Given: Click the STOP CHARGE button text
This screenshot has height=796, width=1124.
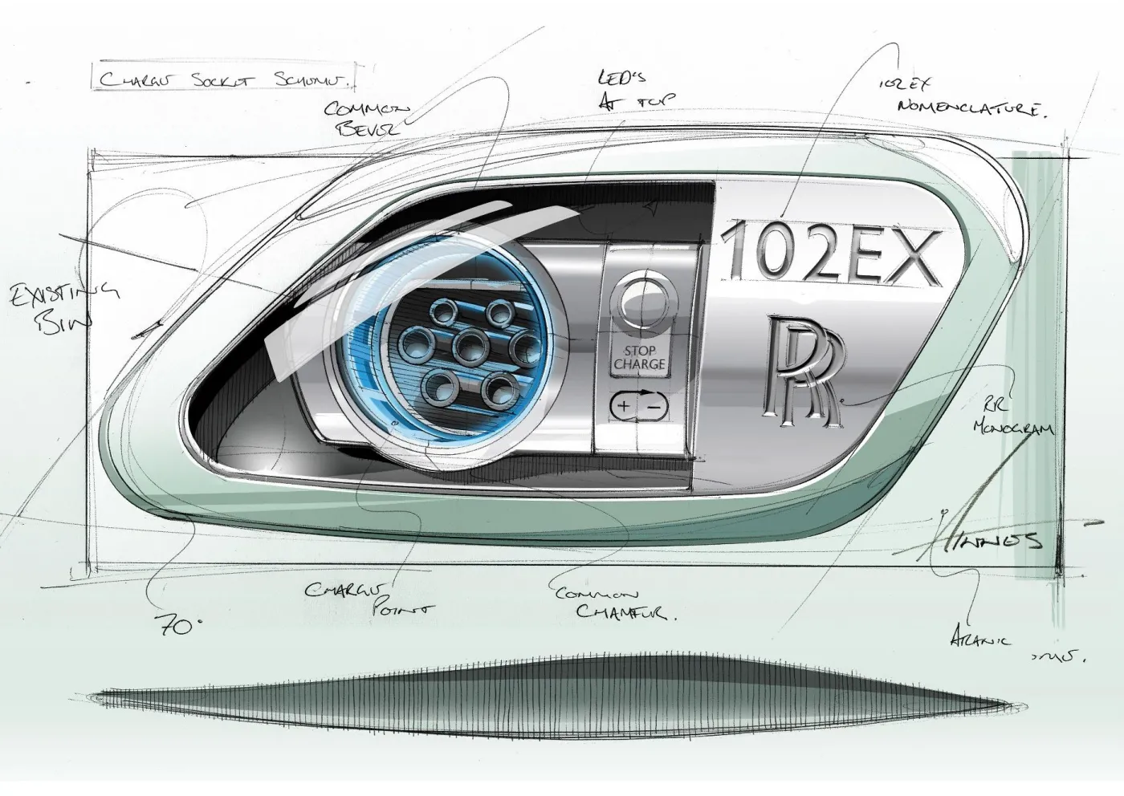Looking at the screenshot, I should [640, 358].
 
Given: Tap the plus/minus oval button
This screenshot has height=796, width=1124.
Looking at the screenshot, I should [639, 407].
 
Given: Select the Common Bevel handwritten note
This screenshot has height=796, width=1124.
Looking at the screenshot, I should [368, 119].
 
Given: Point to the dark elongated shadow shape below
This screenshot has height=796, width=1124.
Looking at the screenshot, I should [546, 700].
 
